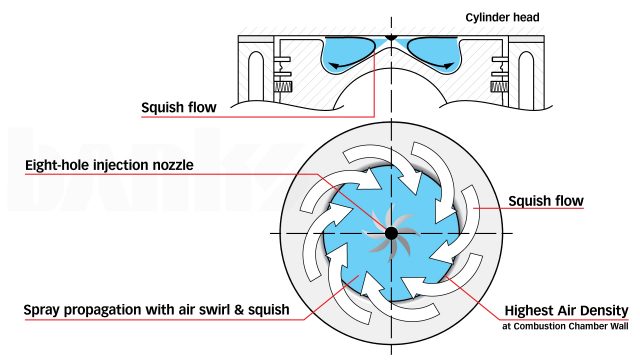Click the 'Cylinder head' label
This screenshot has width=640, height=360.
[x=523, y=16]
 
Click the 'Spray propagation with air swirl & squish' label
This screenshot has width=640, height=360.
[x=157, y=310]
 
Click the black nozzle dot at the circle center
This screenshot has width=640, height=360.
[x=391, y=233]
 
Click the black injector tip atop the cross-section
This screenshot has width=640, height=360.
[x=391, y=43]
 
